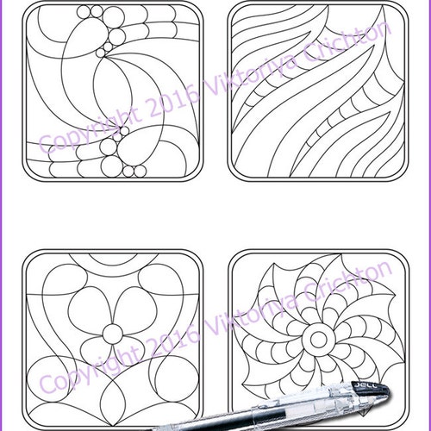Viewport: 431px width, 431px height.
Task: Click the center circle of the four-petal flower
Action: [111, 334]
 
